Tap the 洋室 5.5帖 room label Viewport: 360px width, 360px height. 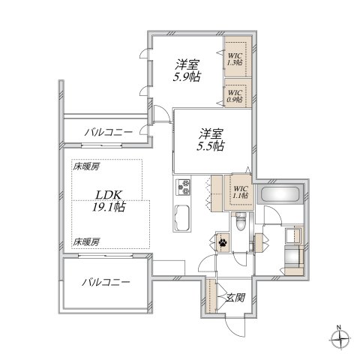tap(210, 140)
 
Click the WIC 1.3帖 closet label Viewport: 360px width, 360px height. tap(235, 58)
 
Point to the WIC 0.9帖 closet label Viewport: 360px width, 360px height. tap(235, 97)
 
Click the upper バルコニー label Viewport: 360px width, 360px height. tap(108, 132)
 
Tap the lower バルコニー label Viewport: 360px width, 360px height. tap(106, 283)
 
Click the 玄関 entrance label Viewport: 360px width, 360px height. tap(235, 297)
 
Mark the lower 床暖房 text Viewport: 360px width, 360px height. tap(86, 241)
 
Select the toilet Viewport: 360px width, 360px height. tap(240, 222)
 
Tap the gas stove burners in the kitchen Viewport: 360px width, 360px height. tap(184, 186)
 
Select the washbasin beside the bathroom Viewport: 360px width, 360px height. tap(294, 235)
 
